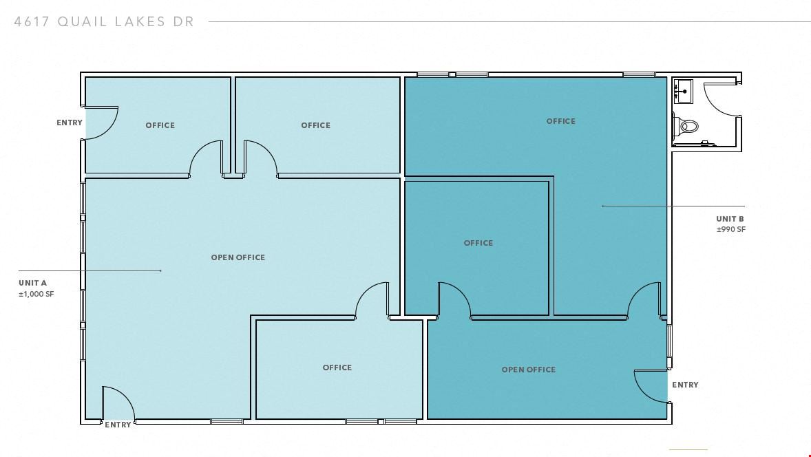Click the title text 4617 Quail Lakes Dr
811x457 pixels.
point(104,22)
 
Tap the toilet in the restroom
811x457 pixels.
point(686,126)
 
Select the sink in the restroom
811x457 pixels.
point(683,90)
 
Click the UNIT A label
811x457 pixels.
point(32,283)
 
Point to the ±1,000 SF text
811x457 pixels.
point(36,294)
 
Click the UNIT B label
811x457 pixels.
point(730,219)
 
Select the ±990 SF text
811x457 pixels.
point(731,230)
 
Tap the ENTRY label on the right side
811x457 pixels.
point(685,385)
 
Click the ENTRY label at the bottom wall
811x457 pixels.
point(118,425)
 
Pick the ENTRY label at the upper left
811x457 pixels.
point(70,123)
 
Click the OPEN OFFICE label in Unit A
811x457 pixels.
point(238,257)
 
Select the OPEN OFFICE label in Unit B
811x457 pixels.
point(529,370)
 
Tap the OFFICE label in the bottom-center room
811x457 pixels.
point(337,368)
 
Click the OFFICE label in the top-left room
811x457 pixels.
point(160,125)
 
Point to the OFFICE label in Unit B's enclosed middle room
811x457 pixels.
point(478,243)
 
